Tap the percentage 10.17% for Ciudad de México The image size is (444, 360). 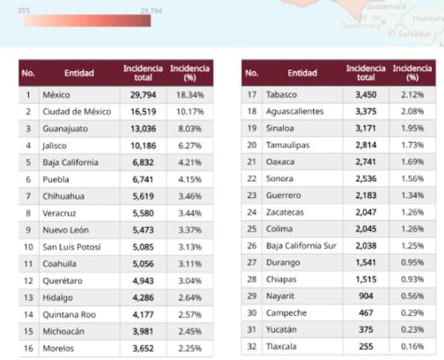189,112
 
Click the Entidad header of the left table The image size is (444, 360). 78,73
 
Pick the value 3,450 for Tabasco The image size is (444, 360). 366,95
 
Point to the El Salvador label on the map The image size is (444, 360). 408,34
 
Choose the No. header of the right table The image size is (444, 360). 252,73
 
